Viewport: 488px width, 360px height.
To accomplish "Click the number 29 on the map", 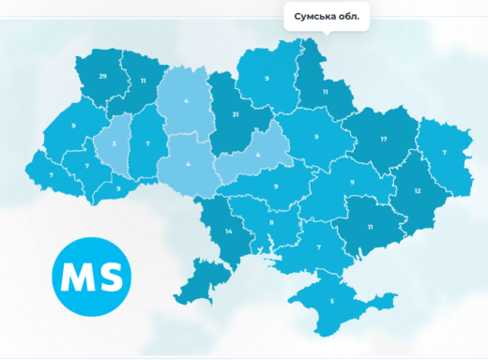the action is coord(102,75).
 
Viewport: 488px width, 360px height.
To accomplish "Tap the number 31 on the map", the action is coord(236,115).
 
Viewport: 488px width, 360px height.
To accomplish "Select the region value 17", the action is coord(384,140).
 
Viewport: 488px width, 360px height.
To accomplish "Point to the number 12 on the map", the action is coord(418,190).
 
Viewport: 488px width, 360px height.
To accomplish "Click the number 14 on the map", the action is coord(228,231).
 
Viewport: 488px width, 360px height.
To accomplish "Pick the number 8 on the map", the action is coord(271,222).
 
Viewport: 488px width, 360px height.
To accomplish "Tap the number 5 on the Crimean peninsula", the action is coord(331,301).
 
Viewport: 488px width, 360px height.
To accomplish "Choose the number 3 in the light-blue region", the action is coord(114,145).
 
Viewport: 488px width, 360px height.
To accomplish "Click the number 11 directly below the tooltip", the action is coord(326,92).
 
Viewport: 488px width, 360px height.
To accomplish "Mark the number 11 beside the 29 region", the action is coord(144,82).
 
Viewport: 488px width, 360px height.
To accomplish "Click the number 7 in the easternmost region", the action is coord(444,151).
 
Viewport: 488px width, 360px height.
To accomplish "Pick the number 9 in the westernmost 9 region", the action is coord(72,126).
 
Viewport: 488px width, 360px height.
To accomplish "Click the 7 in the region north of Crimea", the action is coord(319,247).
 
